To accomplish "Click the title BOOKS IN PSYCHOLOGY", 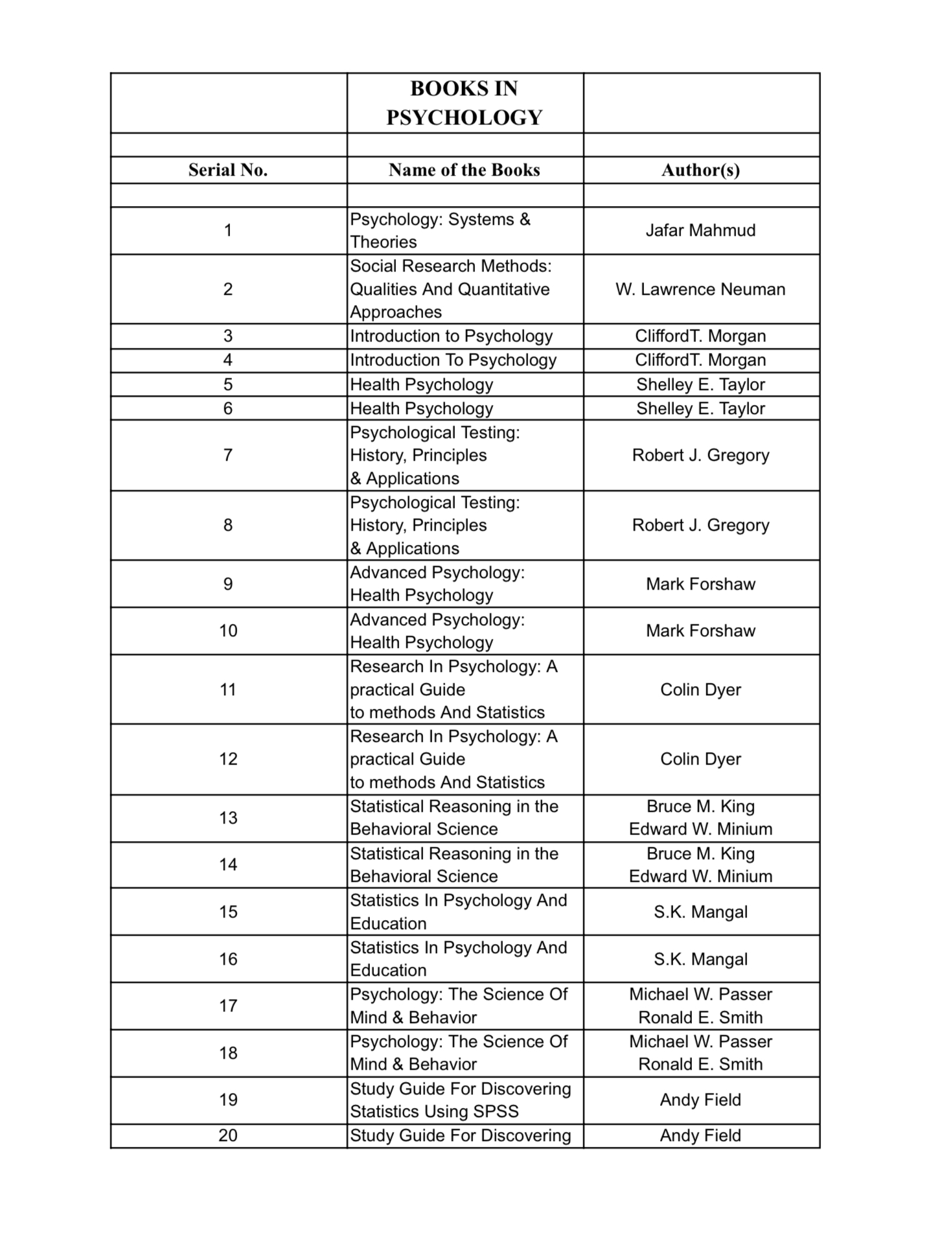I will tap(465, 103).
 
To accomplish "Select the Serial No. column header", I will tap(227, 170).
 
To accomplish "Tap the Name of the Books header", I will tap(465, 170).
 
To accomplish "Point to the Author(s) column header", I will tap(700, 170).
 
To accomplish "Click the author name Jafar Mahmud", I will tap(700, 230).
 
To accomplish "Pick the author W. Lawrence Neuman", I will tap(700, 289).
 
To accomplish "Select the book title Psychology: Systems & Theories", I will tap(441, 231).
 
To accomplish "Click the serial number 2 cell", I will tap(227, 289).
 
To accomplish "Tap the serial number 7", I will tap(227, 455).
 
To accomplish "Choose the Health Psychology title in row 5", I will tap(422, 384).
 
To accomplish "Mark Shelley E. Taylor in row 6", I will tap(700, 408).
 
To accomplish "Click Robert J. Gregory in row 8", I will tap(700, 525).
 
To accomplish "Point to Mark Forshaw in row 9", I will tap(700, 584).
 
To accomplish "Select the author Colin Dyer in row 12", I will tap(700, 759).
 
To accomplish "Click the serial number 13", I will tap(227, 818).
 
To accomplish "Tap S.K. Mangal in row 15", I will tap(700, 912).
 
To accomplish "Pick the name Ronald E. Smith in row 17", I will tap(700, 1017).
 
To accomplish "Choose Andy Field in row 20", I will tap(700, 1135).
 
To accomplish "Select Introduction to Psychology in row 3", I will tap(452, 336).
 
